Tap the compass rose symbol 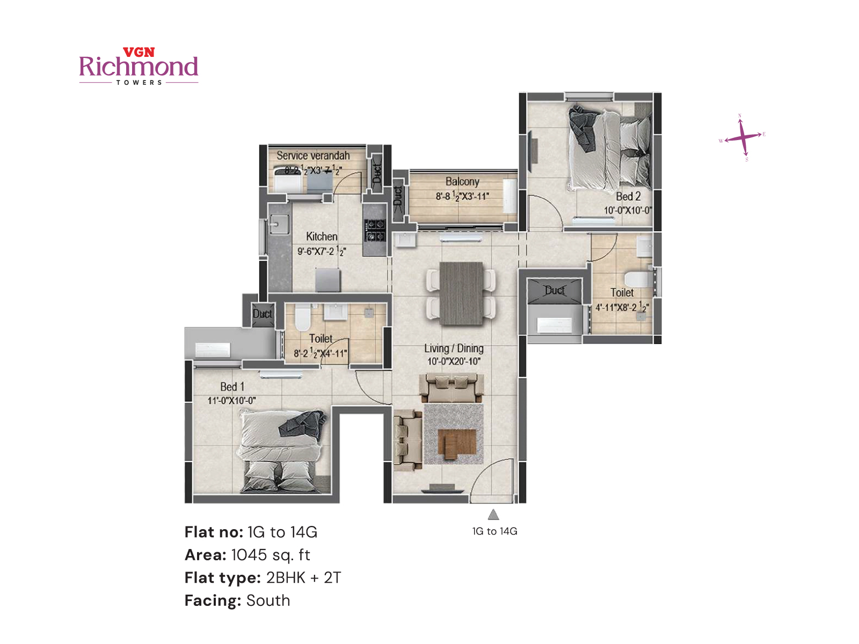tap(742, 137)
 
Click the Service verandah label tap(313, 156)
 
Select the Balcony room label tap(462, 181)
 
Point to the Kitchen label tap(322, 237)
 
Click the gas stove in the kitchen tap(375, 230)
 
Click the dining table tap(461, 293)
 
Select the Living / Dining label tap(454, 348)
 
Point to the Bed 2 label tap(628, 196)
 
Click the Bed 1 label tap(232, 387)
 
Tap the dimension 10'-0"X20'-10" tap(454, 362)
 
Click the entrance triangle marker tap(493, 515)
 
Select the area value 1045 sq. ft tap(271, 555)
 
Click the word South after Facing tap(268, 601)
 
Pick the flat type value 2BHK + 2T tap(303, 578)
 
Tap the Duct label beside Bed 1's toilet tap(262, 314)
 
